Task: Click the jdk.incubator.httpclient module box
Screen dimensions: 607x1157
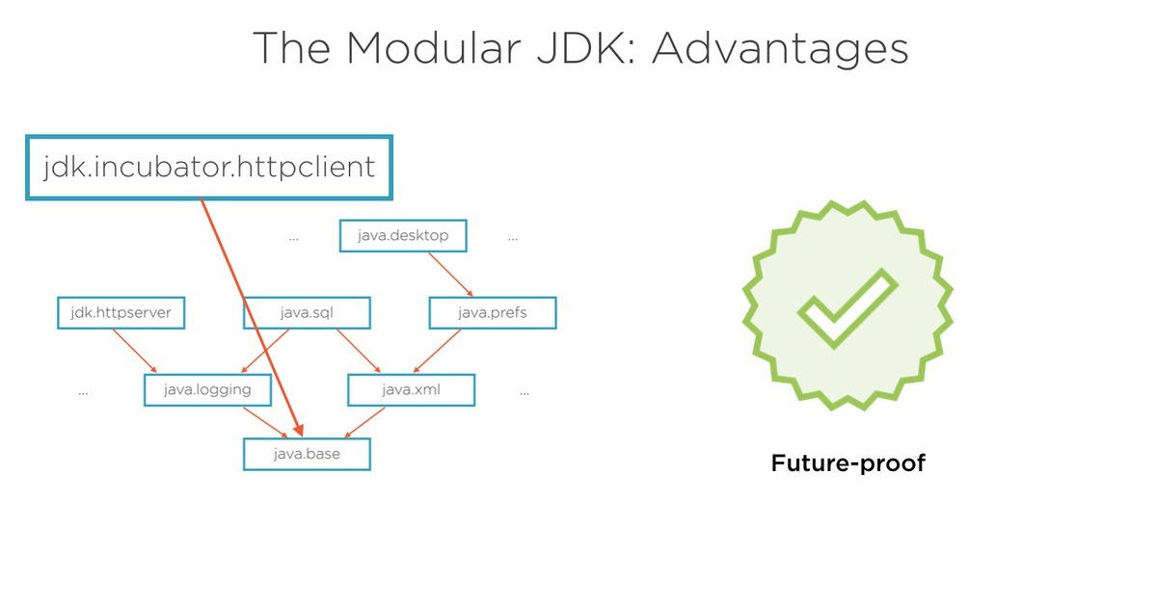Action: (x=209, y=168)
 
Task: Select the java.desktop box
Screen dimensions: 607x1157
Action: (x=402, y=235)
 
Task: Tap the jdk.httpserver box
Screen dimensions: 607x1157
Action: (x=121, y=313)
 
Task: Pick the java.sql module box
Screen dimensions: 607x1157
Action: (x=307, y=313)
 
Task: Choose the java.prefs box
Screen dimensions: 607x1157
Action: (x=492, y=313)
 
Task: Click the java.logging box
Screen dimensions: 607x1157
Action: (x=208, y=390)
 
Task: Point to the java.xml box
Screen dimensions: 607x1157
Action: (x=412, y=390)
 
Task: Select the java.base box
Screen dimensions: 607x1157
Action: (x=307, y=454)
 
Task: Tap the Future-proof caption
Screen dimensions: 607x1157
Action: (x=848, y=463)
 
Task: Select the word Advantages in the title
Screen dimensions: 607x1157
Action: (x=780, y=48)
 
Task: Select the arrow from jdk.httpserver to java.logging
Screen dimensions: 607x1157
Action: (x=135, y=351)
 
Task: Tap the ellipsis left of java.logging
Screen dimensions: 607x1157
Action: (x=83, y=393)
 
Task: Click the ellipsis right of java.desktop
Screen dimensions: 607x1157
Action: (x=513, y=237)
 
